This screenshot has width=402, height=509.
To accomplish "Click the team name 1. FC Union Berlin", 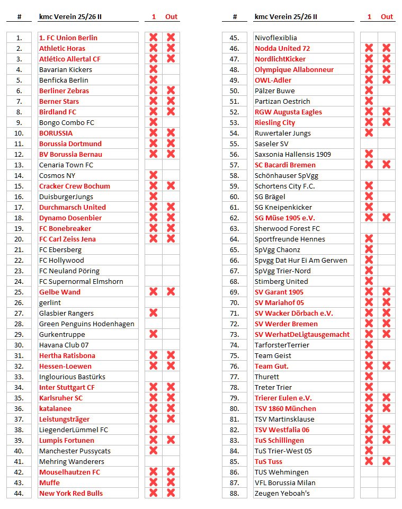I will click(68, 38).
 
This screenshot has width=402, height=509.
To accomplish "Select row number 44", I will click(19, 493).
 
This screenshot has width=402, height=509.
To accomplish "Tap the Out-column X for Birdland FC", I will click(171, 112).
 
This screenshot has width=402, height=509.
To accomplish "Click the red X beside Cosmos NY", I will click(154, 175).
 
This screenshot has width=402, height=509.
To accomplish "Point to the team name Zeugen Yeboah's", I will click(282, 493).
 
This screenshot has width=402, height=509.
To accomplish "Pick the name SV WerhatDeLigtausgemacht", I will click(302, 334).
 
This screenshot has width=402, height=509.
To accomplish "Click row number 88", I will click(235, 493).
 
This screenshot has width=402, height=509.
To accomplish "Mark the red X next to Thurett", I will click(369, 377).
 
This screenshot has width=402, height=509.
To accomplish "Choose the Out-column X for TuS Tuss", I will click(387, 461).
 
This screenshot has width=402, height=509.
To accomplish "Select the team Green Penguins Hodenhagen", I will click(87, 324).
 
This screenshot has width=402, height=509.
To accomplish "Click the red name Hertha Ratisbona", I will click(67, 355).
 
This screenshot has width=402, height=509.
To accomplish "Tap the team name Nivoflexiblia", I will click(276, 38).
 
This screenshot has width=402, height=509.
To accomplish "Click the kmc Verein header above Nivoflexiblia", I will click(286, 16).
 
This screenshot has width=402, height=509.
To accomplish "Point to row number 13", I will click(19, 165).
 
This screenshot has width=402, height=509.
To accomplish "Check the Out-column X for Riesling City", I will click(387, 122).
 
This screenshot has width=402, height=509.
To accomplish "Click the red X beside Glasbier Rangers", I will click(154, 313).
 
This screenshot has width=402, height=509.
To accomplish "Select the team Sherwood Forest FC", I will click(287, 228).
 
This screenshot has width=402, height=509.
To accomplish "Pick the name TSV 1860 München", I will click(285, 408).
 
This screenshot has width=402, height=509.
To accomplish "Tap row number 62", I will click(235, 218).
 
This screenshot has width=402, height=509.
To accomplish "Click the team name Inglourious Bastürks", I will click(72, 377).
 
